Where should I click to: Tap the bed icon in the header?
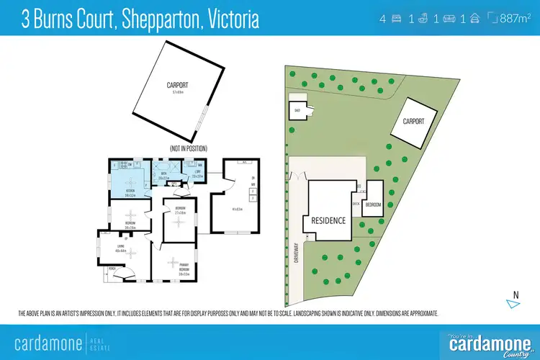pyautogui.click(x=395, y=18)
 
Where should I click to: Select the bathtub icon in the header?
pyautogui.click(x=425, y=18)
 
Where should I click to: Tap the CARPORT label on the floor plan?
pyautogui.click(x=173, y=85)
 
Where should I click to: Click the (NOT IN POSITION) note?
pyautogui.click(x=189, y=148)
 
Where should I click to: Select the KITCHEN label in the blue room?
pyautogui.click(x=130, y=191)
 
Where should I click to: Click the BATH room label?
pyautogui.click(x=163, y=173)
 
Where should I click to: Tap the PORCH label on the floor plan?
pyautogui.click(x=112, y=269)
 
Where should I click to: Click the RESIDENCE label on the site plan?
pyautogui.click(x=328, y=220)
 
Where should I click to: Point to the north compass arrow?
pyautogui.click(x=512, y=302)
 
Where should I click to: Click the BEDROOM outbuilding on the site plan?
pyautogui.click(x=374, y=204)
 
